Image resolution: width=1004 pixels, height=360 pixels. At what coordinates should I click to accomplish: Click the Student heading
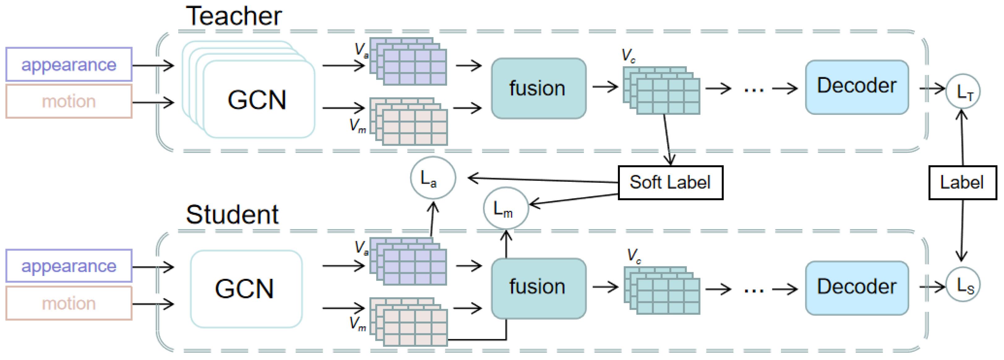tap(232, 215)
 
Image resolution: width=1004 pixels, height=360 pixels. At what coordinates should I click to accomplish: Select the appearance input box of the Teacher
tap(69, 64)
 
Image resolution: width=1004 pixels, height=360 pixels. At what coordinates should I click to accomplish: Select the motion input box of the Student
tap(69, 303)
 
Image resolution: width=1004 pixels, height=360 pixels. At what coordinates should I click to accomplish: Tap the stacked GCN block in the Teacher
tap(257, 99)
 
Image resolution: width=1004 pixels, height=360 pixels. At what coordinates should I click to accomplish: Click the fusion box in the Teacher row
tap(538, 88)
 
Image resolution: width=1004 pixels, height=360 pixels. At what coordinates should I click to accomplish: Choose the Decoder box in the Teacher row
tap(857, 87)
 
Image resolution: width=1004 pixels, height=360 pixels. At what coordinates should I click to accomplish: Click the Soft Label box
tap(670, 183)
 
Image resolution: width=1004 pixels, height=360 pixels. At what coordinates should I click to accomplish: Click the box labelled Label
tap(962, 183)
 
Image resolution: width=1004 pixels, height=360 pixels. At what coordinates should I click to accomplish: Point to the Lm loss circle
tap(505, 208)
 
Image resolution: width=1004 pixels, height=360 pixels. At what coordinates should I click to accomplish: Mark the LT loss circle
tap(963, 92)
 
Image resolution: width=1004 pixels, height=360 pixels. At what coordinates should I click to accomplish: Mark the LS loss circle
tap(963, 285)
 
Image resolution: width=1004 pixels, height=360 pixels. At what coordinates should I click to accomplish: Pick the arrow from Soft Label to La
tap(546, 180)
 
